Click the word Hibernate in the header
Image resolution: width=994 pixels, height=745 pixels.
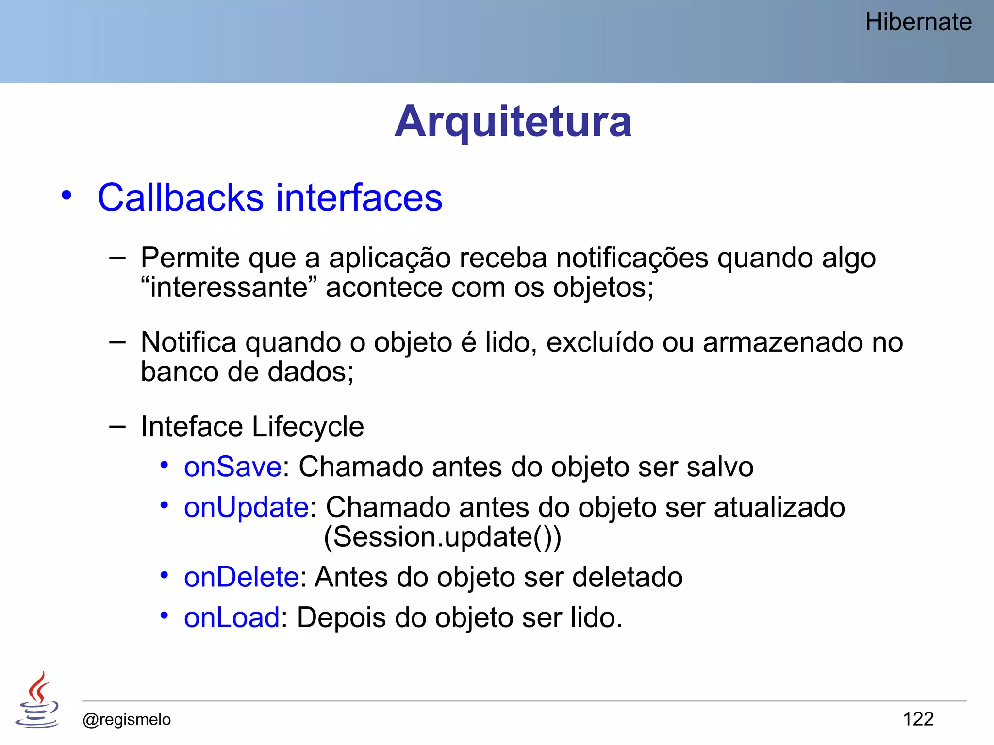click(x=918, y=22)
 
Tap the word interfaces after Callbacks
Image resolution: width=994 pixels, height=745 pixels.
click(x=359, y=197)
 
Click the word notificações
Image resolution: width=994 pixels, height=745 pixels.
click(x=631, y=258)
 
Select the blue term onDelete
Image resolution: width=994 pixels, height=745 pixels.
click(x=241, y=577)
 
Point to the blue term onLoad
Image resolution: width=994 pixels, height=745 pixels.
click(x=232, y=618)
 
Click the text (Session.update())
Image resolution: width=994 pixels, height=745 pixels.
click(x=442, y=537)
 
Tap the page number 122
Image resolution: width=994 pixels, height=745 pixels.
click(x=918, y=719)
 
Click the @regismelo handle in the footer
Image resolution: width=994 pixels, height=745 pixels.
click(x=127, y=719)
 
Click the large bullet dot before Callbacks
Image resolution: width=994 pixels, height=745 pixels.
click(x=66, y=196)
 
